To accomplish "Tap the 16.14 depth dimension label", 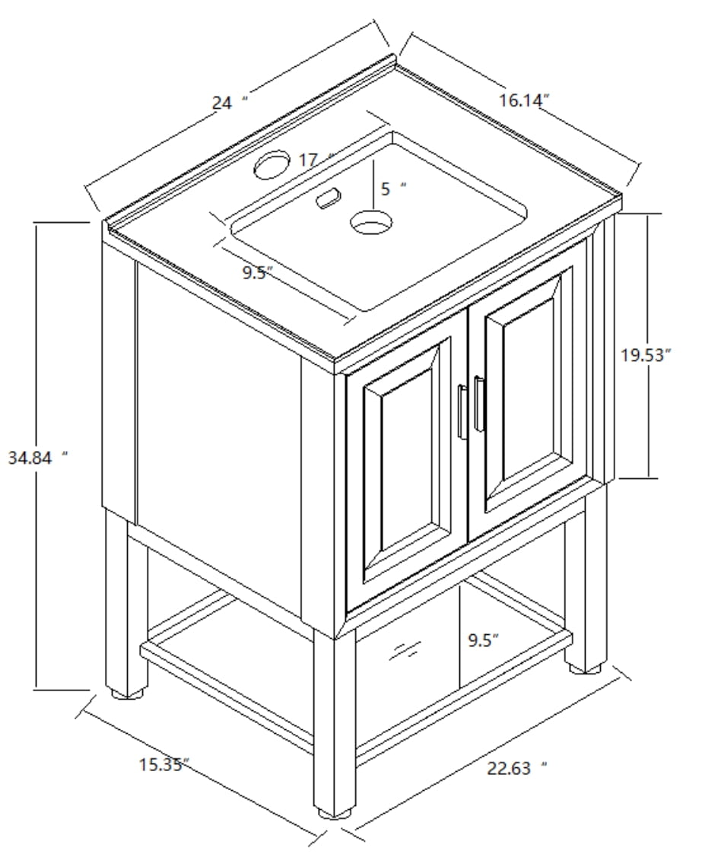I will (524, 100).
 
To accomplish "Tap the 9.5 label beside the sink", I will (257, 273).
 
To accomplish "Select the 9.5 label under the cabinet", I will (483, 640).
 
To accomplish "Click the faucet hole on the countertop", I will (272, 164).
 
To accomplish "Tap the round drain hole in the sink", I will (371, 223).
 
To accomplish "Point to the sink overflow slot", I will (328, 200).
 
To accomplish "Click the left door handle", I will (462, 411).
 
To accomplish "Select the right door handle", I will (478, 404).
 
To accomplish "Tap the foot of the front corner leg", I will (335, 811).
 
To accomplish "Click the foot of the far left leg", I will (128, 693).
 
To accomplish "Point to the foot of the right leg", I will (586, 668).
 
